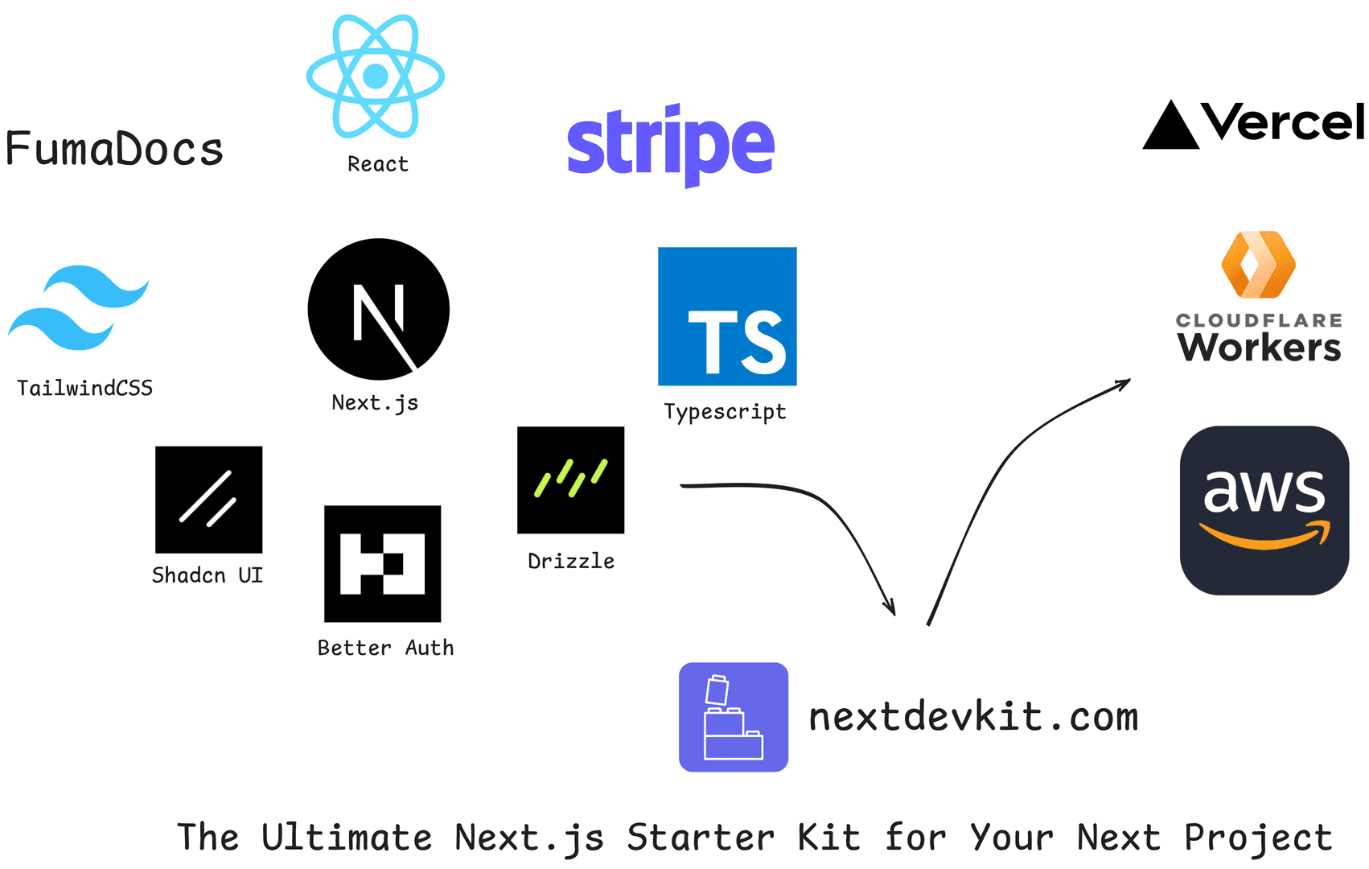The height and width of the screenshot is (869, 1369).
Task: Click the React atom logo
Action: [376, 76]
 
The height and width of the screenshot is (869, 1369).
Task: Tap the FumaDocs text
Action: [114, 150]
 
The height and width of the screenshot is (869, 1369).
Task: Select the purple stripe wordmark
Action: [671, 145]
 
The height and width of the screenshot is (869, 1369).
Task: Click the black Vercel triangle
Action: [1170, 127]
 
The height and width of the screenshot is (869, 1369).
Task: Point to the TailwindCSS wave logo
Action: [78, 307]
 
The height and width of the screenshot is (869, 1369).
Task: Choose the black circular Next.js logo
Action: [378, 309]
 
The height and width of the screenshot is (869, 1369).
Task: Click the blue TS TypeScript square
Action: [727, 316]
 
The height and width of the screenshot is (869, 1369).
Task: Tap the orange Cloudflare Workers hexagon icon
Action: [1258, 265]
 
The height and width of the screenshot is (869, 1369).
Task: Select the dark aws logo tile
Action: [1264, 510]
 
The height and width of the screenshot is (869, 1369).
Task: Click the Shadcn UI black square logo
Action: [208, 499]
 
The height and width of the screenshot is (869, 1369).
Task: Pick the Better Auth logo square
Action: [382, 563]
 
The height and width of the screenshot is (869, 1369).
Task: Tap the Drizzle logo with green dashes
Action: [570, 480]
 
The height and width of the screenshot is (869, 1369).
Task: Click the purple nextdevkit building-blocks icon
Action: [733, 717]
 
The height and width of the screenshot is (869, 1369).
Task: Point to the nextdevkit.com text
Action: [973, 717]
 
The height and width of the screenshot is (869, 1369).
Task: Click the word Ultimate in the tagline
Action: [347, 838]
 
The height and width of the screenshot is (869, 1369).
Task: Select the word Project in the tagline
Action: [1257, 838]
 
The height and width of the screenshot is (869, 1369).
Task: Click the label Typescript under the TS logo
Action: [725, 412]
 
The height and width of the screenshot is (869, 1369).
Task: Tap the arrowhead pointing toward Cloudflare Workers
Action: [1124, 383]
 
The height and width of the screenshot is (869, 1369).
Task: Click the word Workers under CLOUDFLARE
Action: [1259, 348]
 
